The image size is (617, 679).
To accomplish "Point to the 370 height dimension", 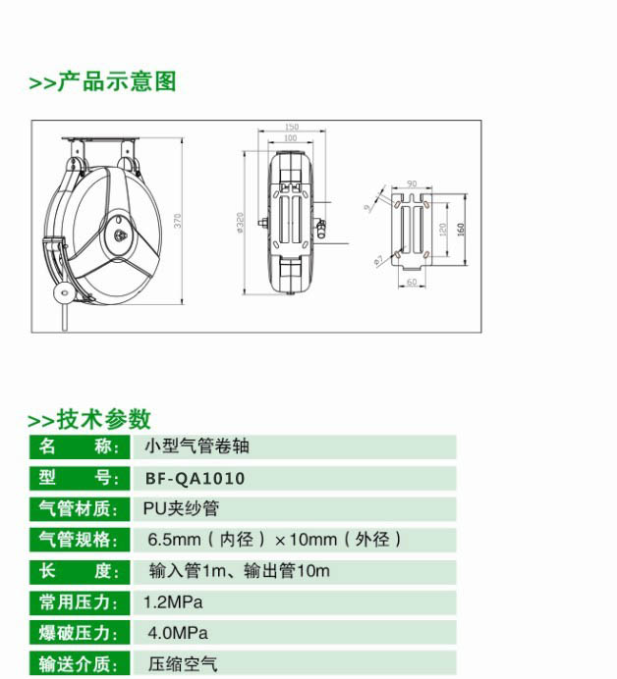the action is [178, 221].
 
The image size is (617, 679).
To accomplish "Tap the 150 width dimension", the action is [292, 127].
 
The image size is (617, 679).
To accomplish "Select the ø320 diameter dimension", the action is [240, 223].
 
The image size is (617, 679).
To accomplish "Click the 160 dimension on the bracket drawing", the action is [461, 229].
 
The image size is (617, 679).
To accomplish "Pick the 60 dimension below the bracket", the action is [412, 283].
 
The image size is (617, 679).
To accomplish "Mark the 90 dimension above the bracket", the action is [412, 183].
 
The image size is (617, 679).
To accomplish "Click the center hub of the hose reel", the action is [120, 235].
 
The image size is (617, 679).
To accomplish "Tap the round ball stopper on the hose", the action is [63, 292].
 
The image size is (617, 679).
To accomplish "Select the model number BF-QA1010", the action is [196, 479].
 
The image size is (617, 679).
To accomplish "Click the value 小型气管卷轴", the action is [196, 446].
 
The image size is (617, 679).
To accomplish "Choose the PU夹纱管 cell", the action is [181, 508].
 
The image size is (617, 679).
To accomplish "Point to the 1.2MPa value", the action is [173, 602].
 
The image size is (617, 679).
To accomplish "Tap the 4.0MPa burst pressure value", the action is [178, 633].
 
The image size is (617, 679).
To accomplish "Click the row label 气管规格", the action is [79, 540].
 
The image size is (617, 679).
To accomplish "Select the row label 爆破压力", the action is [79, 633].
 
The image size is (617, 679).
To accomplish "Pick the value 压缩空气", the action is [183, 664].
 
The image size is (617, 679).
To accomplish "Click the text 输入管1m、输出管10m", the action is [240, 571].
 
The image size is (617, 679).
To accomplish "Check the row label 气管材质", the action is [79, 508].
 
